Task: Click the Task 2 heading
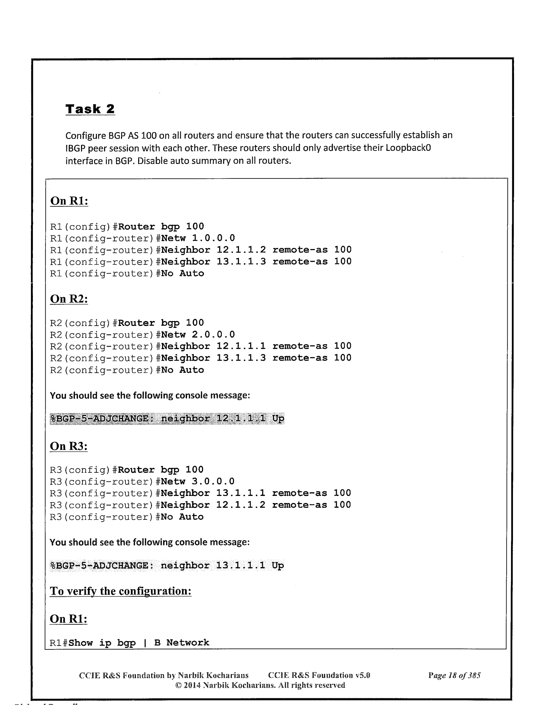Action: [x=90, y=109]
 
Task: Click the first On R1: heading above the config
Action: [x=69, y=201]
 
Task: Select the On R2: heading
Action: [x=69, y=299]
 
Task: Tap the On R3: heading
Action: [x=69, y=446]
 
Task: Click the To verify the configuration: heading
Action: [x=121, y=591]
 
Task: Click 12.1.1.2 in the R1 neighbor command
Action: [x=241, y=250]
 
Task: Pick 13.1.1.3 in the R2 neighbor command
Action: [x=241, y=358]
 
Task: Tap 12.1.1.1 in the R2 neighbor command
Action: [x=241, y=346]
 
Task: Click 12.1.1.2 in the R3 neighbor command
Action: [x=241, y=505]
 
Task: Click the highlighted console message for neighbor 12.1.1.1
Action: [x=167, y=419]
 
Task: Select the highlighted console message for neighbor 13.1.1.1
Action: [x=167, y=565]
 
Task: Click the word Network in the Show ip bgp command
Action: [x=188, y=643]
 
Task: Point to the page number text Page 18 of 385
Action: [x=454, y=675]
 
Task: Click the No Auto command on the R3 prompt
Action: [x=182, y=517]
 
